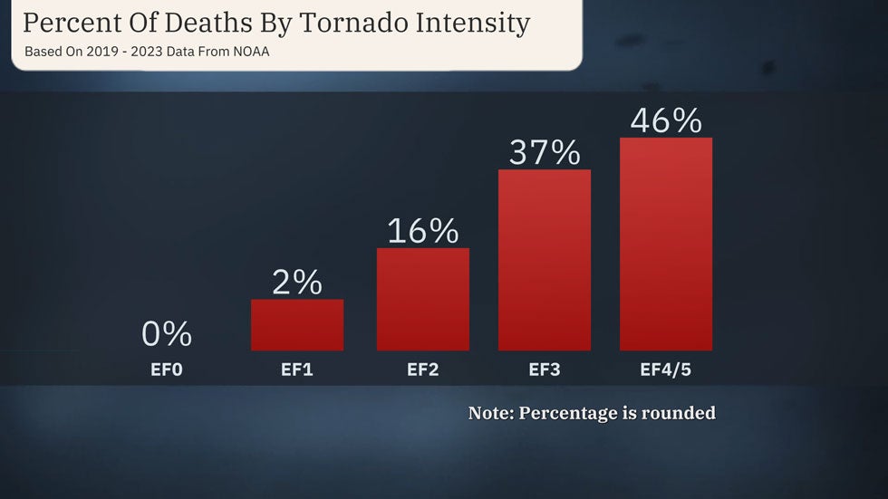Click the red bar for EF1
click(297, 325)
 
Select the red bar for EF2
click(423, 300)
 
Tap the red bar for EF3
click(545, 261)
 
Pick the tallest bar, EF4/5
click(666, 245)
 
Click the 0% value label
click(167, 335)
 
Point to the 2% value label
click(297, 283)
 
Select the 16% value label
click(423, 231)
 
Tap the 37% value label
click(545, 152)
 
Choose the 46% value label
click(666, 120)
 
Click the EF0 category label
click(167, 369)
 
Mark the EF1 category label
click(297, 369)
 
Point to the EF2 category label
click(423, 369)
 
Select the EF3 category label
click(545, 369)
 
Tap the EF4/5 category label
click(666, 369)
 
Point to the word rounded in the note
click(679, 413)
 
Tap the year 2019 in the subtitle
click(97, 52)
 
